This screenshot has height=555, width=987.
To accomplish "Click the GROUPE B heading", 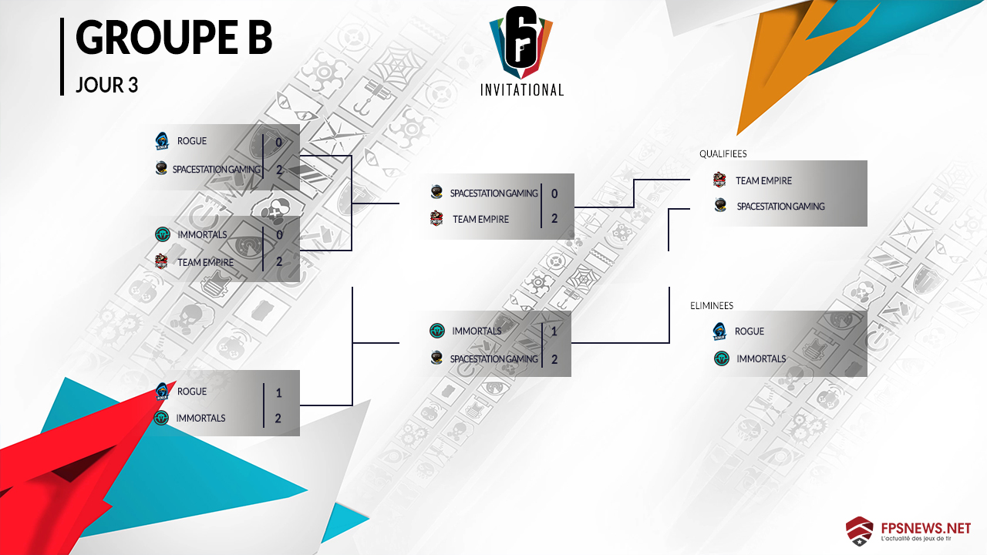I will coord(173,39).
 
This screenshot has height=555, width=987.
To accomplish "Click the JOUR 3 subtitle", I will coord(106,85).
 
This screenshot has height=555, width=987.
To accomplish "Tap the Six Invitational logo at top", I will coord(522,52).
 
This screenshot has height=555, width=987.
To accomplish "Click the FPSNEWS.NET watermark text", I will coord(924,528).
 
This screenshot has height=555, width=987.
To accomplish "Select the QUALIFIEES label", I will coord(723,154).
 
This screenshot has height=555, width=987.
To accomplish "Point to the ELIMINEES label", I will coord(712,306).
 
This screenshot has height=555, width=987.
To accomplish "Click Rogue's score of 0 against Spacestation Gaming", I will coord(278,142).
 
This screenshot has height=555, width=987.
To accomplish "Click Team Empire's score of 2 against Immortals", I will coord(278,262).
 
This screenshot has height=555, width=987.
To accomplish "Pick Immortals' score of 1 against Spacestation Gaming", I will coord(554,331).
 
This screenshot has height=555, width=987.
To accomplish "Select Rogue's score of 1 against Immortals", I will coord(278,392).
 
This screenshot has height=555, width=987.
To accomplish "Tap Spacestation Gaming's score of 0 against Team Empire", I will coord(554,193).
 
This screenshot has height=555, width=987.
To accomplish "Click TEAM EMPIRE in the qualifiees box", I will coord(763,181).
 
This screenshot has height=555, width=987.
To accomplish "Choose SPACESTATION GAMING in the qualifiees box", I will coord(780,207).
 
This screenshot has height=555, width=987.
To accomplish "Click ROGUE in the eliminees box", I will coord(750,331).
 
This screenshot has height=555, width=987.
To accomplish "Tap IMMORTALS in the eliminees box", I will coord(761,358).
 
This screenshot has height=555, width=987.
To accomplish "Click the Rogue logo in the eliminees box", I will coord(720,331).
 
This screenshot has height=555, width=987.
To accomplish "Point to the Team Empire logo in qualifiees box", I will coord(719,180).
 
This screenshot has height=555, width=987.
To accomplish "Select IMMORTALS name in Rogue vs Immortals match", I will coord(201,418).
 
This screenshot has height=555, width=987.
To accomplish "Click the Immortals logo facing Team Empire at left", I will coord(162,234).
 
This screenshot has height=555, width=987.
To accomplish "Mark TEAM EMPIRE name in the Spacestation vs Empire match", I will coord(480,219).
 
